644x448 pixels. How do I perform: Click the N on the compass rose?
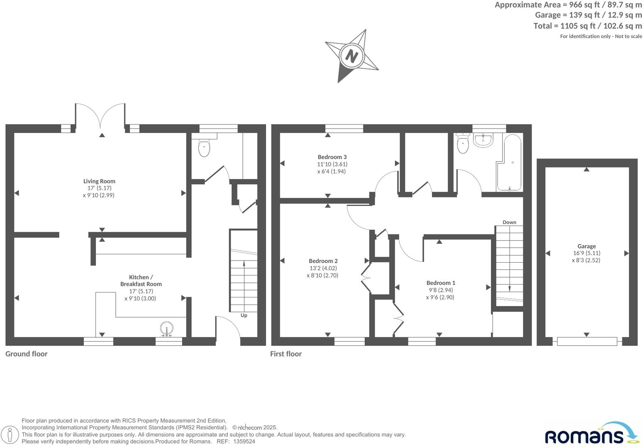[351, 56]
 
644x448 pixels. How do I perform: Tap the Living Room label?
[99, 181]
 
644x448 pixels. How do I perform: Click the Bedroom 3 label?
[332, 157]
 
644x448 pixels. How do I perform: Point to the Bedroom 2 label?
[323, 261]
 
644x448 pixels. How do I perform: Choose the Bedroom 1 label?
[441, 283]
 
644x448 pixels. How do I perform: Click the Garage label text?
[586, 246]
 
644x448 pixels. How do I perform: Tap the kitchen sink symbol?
[167, 329]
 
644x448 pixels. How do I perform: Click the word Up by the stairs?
[244, 315]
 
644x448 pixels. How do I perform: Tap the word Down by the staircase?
[509, 222]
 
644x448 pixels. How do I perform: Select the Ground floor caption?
[27, 354]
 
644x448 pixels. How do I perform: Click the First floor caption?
[286, 354]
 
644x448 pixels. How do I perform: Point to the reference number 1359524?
[244, 442]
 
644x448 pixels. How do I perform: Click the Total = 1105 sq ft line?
[587, 26]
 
